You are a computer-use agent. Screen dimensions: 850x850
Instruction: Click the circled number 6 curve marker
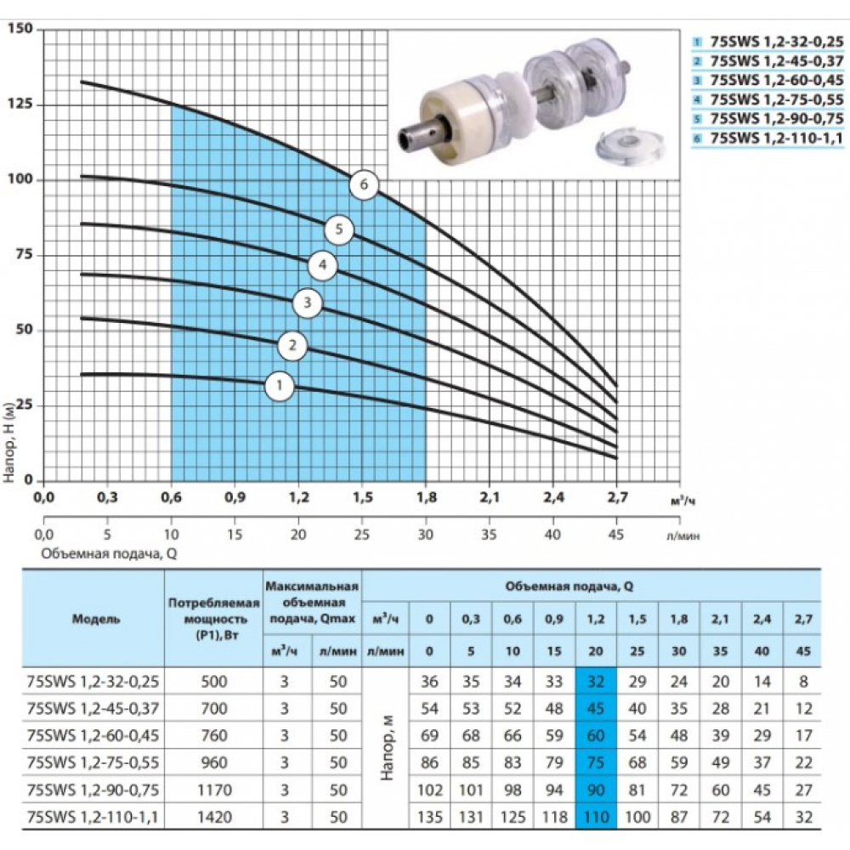(x=364, y=184)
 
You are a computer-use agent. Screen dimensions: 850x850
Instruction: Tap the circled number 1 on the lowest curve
(x=280, y=386)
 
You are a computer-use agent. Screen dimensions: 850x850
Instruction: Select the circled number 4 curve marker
(x=323, y=265)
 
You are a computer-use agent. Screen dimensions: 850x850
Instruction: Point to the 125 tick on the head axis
(x=20, y=104)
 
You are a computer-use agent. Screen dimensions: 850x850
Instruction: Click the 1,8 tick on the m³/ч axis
(x=426, y=497)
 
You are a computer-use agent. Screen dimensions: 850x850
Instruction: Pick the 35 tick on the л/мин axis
(x=489, y=535)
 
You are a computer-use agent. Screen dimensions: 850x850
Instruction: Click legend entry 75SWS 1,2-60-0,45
(x=776, y=80)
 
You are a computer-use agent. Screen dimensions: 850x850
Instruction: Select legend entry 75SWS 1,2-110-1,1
(x=776, y=139)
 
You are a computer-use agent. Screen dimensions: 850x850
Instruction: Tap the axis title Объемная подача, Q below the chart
(x=109, y=554)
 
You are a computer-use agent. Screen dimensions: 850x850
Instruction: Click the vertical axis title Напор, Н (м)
(x=9, y=442)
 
